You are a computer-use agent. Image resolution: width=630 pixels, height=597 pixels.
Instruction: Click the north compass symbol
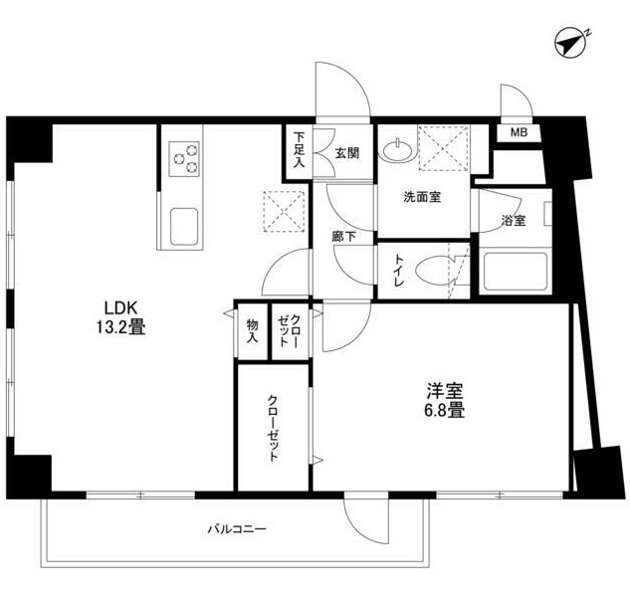tap(570, 44)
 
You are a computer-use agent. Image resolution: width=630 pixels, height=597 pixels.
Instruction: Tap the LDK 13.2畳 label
tap(120, 314)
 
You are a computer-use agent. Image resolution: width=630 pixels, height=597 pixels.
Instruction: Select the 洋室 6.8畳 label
tap(445, 399)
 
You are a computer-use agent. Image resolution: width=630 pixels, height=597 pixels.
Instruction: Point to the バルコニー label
tap(237, 529)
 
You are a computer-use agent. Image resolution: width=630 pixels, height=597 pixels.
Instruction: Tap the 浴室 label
tap(514, 221)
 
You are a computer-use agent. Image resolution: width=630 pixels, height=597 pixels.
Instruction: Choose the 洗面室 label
tap(422, 197)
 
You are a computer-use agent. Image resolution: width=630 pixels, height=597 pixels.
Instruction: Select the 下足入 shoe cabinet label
tap(298, 152)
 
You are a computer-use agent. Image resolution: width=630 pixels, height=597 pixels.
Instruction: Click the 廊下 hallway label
tap(343, 238)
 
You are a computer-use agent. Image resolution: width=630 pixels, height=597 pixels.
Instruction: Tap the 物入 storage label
tap(253, 329)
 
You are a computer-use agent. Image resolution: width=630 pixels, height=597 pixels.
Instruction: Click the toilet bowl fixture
tap(434, 272)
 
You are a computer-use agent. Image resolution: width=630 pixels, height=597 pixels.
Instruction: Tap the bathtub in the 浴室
tap(516, 273)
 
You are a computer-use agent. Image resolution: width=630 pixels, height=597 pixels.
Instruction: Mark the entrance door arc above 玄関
tap(343, 90)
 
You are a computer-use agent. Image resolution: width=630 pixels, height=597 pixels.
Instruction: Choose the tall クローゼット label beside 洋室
tap(274, 427)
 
